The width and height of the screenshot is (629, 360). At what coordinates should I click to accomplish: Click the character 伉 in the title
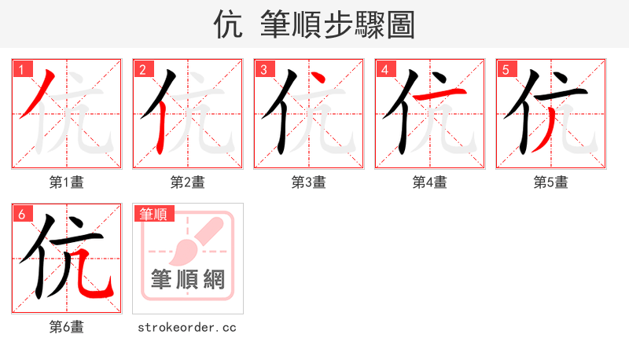227,25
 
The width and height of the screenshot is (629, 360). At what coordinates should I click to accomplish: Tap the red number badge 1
21,70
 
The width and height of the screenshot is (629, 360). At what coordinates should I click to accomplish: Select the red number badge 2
142,70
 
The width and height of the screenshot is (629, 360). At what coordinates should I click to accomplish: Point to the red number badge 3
263,70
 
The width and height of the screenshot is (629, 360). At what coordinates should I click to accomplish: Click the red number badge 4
384,70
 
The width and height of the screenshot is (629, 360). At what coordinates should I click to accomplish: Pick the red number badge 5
506,70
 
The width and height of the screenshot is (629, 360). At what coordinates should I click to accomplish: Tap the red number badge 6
21,215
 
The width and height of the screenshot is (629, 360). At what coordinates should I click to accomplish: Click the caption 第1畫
67,182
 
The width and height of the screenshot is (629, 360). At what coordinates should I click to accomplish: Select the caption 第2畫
188,182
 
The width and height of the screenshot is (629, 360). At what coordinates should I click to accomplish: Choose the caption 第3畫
309,182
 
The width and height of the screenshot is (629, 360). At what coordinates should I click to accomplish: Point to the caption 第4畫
430,182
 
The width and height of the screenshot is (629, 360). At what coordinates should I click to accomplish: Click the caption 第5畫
551,182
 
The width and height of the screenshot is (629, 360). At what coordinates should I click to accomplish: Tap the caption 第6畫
67,327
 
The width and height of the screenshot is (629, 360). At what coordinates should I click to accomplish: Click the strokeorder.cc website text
187,327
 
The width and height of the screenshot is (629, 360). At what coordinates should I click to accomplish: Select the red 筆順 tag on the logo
154,214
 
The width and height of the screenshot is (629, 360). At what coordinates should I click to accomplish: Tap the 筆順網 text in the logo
188,280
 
